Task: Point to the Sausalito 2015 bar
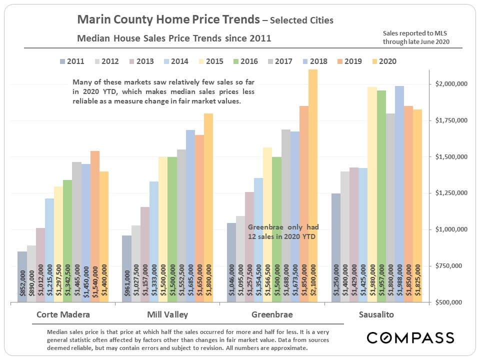(x=372, y=194)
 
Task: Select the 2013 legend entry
(x=140, y=61)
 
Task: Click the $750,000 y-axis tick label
(x=452, y=266)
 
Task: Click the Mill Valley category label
(x=167, y=315)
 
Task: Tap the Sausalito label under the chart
(x=376, y=315)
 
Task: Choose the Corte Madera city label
(x=63, y=315)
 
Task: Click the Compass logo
(x=410, y=338)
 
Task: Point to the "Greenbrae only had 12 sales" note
(x=283, y=231)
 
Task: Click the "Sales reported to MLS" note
(x=416, y=37)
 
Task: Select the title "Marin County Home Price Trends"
(x=168, y=20)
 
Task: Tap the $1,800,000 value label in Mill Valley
(x=209, y=282)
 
